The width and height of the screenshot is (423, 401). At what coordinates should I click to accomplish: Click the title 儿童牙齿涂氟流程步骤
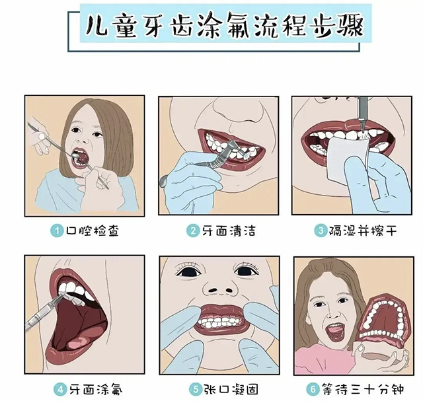[225, 26]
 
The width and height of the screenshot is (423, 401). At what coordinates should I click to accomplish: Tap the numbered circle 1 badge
[57, 231]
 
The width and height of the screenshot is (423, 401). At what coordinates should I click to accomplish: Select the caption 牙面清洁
[229, 231]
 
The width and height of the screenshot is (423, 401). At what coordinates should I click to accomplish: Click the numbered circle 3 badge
[321, 231]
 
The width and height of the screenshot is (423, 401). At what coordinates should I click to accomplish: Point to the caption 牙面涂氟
[96, 389]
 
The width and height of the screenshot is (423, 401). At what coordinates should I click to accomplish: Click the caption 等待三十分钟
[363, 389]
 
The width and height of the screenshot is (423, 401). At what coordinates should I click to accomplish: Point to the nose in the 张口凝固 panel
[220, 287]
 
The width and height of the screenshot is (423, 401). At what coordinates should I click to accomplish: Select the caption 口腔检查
[93, 231]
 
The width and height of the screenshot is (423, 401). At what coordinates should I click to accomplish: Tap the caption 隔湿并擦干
[363, 231]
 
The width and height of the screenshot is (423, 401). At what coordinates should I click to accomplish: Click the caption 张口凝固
[231, 389]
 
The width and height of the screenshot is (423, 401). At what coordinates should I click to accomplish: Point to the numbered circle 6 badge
[313, 389]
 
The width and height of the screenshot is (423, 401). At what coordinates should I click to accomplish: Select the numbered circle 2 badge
[193, 231]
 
